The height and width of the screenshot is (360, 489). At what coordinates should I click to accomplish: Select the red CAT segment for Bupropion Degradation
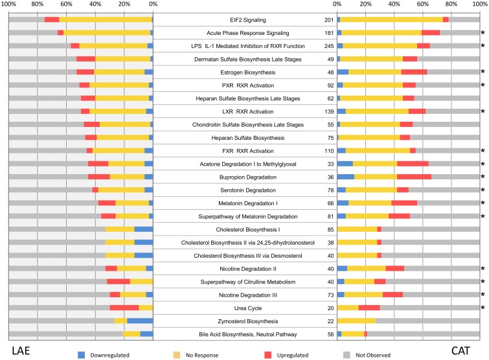tap(414, 177)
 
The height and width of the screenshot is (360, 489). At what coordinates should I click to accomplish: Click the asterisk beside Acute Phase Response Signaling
tap(483, 33)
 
